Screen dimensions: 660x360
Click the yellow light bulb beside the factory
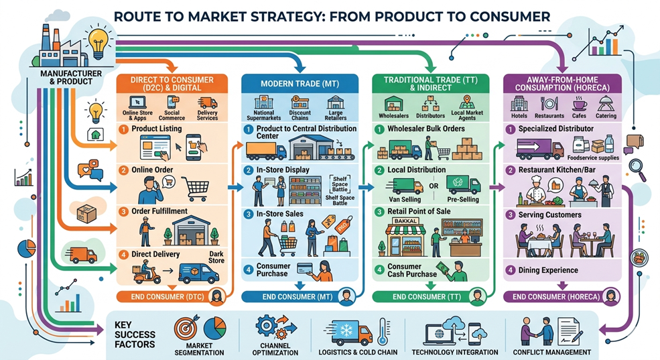click(x=98, y=43)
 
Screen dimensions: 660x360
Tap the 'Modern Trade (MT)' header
click(x=300, y=83)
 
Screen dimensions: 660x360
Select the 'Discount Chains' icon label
click(x=300, y=115)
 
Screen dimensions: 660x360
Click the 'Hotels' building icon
click(x=519, y=103)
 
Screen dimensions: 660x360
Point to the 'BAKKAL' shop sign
click(x=405, y=221)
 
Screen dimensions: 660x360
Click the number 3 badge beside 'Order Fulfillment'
click(x=123, y=211)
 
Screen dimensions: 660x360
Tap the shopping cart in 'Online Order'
click(x=195, y=188)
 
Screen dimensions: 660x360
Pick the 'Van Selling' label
click(x=405, y=199)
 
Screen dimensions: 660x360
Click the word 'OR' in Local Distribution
click(x=434, y=186)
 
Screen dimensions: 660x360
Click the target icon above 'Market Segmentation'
click(x=186, y=328)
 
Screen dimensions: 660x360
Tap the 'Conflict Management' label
click(x=552, y=352)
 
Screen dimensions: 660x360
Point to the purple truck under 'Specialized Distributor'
click(x=539, y=149)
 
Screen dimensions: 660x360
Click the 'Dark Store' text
click(x=216, y=257)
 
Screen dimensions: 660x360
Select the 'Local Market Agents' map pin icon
click(x=467, y=102)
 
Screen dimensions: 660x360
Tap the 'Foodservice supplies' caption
click(x=593, y=158)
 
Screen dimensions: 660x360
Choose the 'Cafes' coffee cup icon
click(x=580, y=104)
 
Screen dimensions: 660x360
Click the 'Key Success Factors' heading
click(x=135, y=335)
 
